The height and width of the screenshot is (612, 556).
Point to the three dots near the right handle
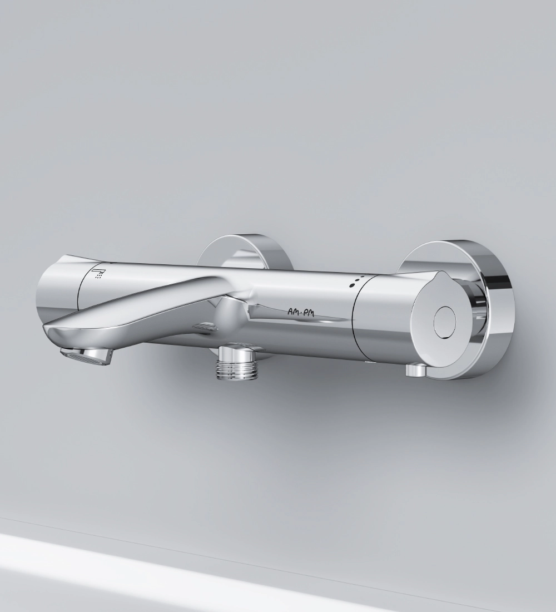[356, 280]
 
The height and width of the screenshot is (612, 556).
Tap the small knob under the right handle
[416, 369]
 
